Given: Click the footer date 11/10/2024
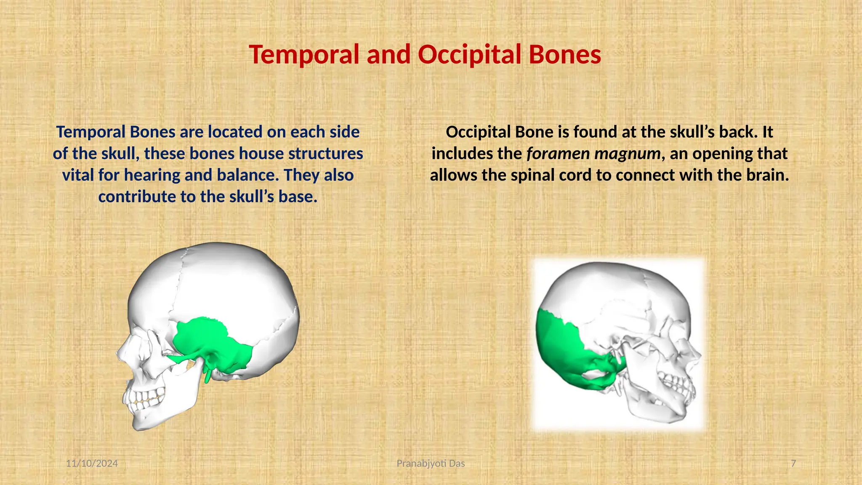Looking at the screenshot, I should click(x=92, y=464).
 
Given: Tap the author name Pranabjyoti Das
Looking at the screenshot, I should click(x=431, y=464).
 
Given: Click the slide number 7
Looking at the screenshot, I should click(x=793, y=464).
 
